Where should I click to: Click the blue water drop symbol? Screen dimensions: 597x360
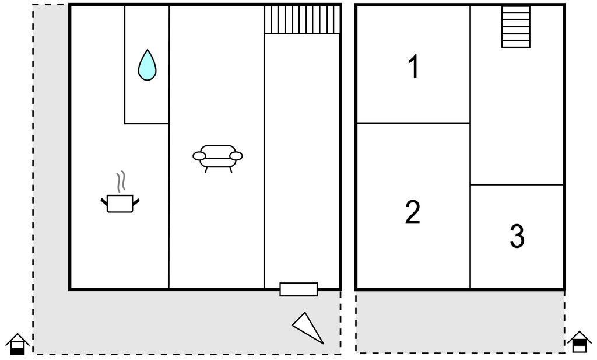[147, 65]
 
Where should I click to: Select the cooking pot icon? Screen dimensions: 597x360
[120, 204]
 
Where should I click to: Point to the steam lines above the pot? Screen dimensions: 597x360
[121, 181]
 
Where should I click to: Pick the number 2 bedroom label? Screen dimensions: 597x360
[413, 212]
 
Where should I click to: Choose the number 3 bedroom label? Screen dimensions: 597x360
[517, 236]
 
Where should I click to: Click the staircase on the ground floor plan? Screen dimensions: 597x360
[302, 19]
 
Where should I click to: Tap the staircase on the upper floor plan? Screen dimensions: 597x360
[516, 27]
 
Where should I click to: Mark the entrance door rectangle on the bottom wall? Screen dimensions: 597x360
[298, 289]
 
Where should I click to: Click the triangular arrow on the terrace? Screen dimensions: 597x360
[308, 328]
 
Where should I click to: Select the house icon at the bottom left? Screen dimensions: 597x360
[17, 344]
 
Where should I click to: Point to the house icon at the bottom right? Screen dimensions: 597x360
[579, 342]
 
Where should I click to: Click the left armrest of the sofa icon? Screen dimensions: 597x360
[199, 156]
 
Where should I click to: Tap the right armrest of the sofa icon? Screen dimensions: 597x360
[236, 156]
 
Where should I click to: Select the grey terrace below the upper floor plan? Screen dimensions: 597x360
[460, 322]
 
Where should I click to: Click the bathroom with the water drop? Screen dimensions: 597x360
[147, 64]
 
